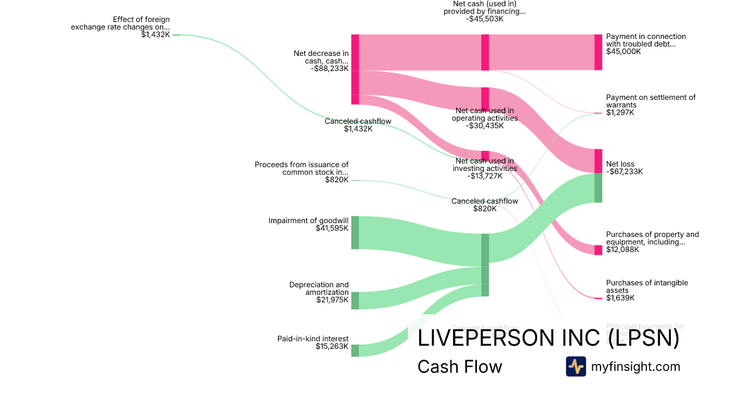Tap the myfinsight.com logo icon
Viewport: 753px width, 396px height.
pyautogui.click(x=575, y=366)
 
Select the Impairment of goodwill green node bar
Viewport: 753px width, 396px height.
pyautogui.click(x=355, y=232)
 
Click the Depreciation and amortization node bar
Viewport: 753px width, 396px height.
pyautogui.click(x=355, y=300)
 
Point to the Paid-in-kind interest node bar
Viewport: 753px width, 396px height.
pyautogui.click(x=355, y=350)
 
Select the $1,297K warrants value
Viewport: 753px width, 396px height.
pyautogui.click(x=620, y=113)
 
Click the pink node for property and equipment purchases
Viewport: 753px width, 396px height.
pyautogui.click(x=598, y=250)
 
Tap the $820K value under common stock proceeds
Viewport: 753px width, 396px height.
pyautogui.click(x=336, y=180)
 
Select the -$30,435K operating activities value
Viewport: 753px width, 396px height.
pyautogui.click(x=485, y=126)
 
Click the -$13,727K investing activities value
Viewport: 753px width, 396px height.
pyautogui.click(x=485, y=176)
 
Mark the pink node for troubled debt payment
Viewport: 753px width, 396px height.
pyautogui.click(x=598, y=52)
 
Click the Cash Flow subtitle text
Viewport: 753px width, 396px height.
pyautogui.click(x=459, y=366)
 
